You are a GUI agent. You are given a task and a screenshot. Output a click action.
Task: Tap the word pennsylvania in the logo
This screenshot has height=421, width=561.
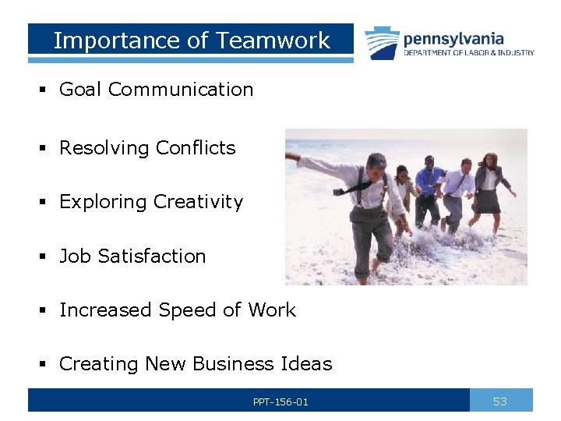453,38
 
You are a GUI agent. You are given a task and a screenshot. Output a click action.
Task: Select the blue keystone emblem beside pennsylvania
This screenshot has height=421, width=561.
382,43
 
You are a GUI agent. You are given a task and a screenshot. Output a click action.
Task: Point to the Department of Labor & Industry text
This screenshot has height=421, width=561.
469,53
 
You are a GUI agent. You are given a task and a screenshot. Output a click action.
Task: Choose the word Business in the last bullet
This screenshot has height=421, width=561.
230,364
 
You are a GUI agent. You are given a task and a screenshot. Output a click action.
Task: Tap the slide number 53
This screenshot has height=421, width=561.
500,402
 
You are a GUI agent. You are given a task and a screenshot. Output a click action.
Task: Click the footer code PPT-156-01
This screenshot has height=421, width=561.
280,402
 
